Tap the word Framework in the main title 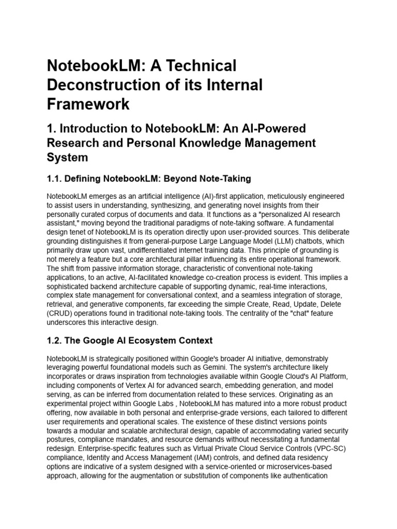coord(88,104)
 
